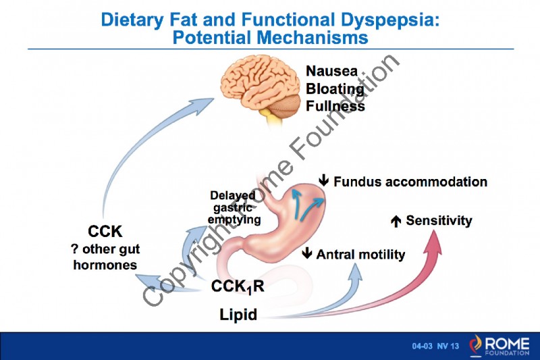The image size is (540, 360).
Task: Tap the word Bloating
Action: pyautogui.click(x=335, y=88)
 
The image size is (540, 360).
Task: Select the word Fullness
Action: pyautogui.click(x=335, y=106)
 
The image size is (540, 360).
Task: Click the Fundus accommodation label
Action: pyautogui.click(x=410, y=182)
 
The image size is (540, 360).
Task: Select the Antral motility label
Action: pyautogui.click(x=360, y=255)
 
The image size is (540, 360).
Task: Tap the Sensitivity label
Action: pyautogui.click(x=439, y=221)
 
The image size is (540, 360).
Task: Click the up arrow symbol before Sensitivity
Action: pyautogui.click(x=397, y=221)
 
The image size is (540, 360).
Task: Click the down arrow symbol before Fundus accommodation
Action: pyautogui.click(x=324, y=181)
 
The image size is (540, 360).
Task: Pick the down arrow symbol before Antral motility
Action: pyautogui.click(x=307, y=255)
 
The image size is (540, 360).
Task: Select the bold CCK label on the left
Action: pyautogui.click(x=105, y=233)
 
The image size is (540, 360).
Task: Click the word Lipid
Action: pyautogui.click(x=238, y=315)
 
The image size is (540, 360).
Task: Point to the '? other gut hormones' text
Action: pyautogui.click(x=105, y=257)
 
